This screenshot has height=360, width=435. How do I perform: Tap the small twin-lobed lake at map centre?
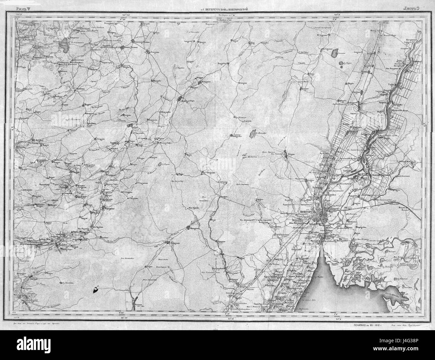click(252, 134)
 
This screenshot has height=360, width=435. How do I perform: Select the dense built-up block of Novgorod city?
click(323, 214)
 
